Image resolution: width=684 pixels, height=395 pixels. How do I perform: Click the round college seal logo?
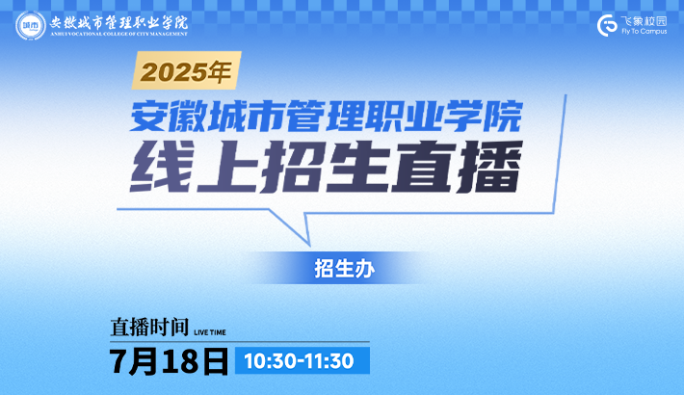tap(31, 25)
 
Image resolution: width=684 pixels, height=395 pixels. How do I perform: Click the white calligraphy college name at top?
tap(118, 22)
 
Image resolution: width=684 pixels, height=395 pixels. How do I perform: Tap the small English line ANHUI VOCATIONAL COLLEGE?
tap(118, 34)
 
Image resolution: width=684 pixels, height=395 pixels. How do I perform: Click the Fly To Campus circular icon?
tap(607, 25)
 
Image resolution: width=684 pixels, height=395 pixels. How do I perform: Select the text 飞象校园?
tap(644, 21)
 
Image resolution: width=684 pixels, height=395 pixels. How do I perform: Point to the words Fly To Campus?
tap(644, 32)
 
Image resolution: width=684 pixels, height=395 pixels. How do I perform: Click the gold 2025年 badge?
tap(186, 70)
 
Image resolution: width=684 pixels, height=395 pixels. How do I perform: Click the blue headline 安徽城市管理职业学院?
tap(327, 116)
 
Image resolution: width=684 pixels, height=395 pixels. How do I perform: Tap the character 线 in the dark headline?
tap(162, 167)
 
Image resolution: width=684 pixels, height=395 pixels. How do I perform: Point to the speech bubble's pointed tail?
tap(309, 245)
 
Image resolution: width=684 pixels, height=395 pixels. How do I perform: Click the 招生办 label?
tap(344, 269)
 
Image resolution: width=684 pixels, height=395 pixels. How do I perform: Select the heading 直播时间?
tap(149, 327)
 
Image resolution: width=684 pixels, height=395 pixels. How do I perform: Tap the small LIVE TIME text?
tap(210, 332)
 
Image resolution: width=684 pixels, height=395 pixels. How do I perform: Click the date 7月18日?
tap(169, 361)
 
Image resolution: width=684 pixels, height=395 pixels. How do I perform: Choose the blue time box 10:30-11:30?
tap(303, 360)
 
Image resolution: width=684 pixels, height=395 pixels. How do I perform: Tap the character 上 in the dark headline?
tap(227, 167)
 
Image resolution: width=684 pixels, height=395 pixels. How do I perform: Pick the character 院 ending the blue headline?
tap(503, 116)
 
